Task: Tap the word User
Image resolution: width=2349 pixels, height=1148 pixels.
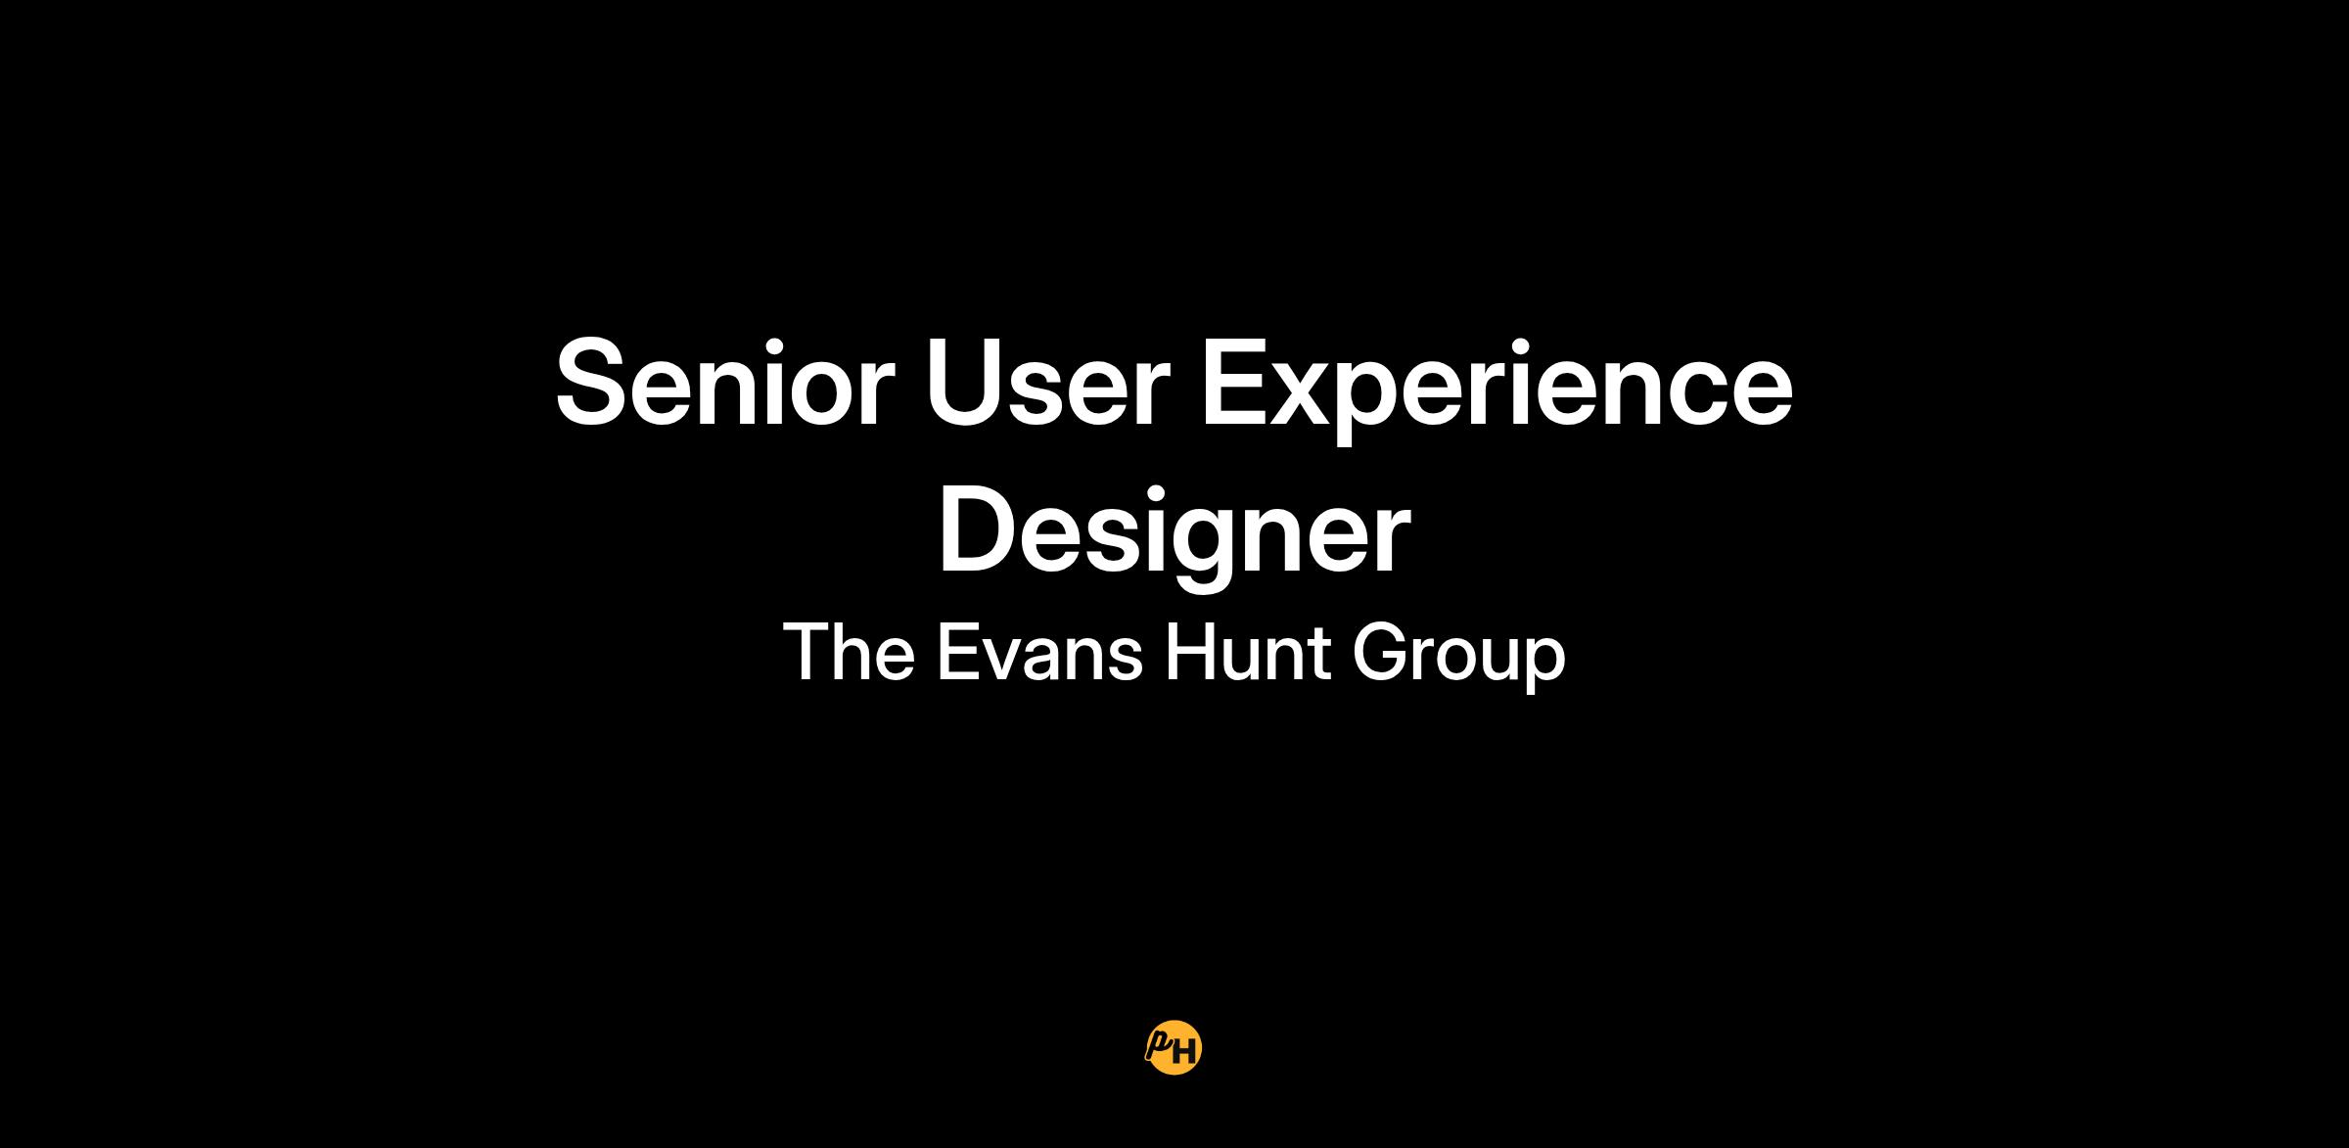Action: [1047, 383]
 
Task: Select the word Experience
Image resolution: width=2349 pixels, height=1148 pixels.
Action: [1497, 390]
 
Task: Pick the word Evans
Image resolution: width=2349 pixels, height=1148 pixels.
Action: [1039, 653]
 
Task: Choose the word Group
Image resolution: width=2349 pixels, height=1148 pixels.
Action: [1459, 658]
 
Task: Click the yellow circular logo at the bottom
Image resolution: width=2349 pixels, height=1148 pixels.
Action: [1174, 1048]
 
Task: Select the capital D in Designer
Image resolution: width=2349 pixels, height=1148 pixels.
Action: [980, 529]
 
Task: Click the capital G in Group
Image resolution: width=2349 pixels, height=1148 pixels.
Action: [1381, 653]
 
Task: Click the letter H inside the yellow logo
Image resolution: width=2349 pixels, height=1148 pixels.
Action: [1183, 1053]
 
